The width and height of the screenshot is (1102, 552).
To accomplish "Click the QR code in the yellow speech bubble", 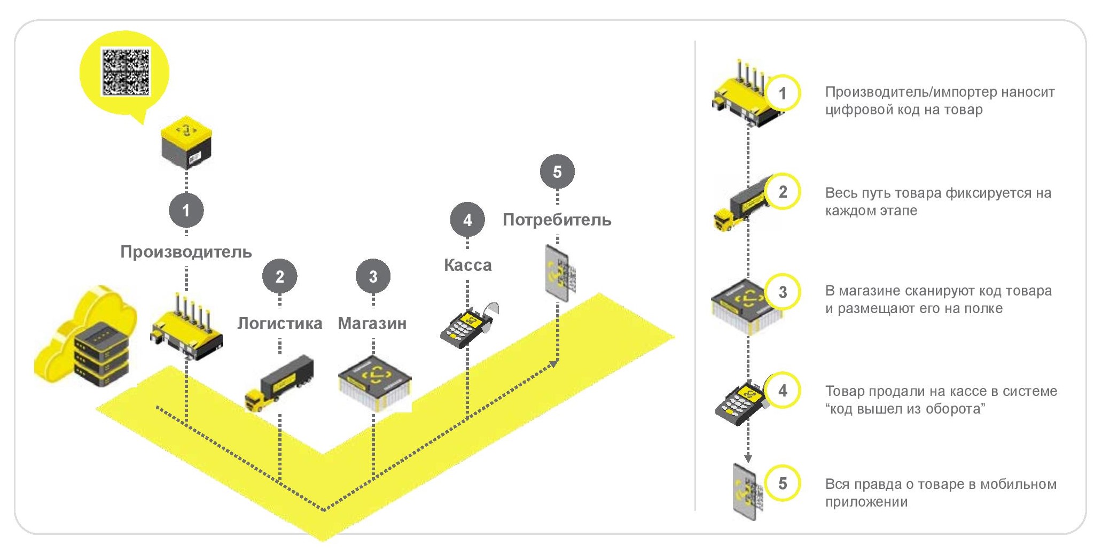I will (126, 72).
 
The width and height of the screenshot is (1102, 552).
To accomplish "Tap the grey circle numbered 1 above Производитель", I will (186, 210).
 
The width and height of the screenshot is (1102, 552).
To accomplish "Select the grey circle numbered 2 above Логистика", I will (279, 276).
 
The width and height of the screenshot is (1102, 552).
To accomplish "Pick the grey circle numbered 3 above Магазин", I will (373, 276).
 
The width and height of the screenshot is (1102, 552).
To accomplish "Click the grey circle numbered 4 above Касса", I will (467, 220).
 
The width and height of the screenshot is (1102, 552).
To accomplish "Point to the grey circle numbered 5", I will (557, 172).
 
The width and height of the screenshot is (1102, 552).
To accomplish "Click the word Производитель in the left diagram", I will (186, 252).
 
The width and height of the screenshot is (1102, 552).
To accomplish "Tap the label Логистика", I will (279, 323).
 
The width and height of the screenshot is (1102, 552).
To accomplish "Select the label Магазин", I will (372, 323).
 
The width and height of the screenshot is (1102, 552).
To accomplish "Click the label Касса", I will (467, 265).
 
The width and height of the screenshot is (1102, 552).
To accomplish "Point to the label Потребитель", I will (557, 220).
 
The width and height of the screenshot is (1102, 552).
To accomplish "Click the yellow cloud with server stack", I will (85, 337).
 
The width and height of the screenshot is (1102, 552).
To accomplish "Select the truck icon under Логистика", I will (279, 383).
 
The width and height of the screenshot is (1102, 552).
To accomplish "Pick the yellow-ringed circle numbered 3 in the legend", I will (783, 292).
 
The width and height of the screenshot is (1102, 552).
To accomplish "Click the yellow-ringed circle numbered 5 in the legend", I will (783, 484).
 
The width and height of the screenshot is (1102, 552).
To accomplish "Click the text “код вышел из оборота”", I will (905, 409).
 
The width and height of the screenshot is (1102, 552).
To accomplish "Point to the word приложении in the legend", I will (866, 502).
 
